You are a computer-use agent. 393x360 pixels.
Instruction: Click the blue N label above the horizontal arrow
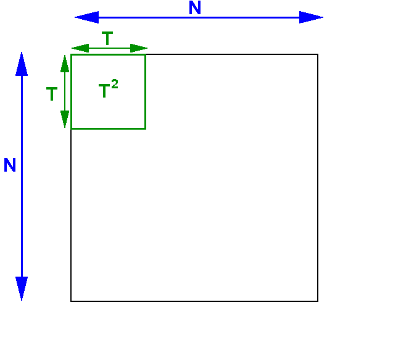(x=195, y=7)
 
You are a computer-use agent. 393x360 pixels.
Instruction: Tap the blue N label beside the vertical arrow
(x=10, y=165)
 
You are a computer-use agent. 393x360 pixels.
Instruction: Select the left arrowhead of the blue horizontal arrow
(x=86, y=17)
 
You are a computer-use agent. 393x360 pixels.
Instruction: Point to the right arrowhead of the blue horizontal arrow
(x=312, y=17)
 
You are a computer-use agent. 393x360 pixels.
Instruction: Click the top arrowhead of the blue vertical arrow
(x=22, y=64)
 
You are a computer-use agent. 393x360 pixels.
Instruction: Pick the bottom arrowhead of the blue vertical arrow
(x=22, y=288)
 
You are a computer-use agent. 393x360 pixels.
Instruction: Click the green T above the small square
(x=107, y=38)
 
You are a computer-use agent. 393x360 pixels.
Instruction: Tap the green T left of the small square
(x=52, y=94)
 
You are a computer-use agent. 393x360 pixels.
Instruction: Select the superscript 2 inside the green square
(x=115, y=84)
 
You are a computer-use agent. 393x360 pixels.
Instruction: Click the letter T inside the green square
(x=104, y=91)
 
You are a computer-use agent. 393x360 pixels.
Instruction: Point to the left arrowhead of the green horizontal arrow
(x=80, y=48)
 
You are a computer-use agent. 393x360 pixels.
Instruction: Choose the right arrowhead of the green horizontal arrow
(x=139, y=48)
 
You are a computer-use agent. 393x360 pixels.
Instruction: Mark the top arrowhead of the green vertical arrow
(x=65, y=64)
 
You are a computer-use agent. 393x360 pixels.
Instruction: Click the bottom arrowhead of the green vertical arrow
(x=65, y=119)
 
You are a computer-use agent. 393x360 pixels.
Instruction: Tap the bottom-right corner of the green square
(x=146, y=128)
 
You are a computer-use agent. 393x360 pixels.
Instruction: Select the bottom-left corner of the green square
(x=72, y=128)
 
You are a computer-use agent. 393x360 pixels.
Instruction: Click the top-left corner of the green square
(x=72, y=55)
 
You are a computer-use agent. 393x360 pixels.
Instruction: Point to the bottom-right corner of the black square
(x=318, y=301)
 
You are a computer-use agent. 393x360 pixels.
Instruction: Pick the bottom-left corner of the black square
(x=71, y=301)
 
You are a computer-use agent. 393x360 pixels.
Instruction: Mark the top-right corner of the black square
(x=318, y=54)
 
